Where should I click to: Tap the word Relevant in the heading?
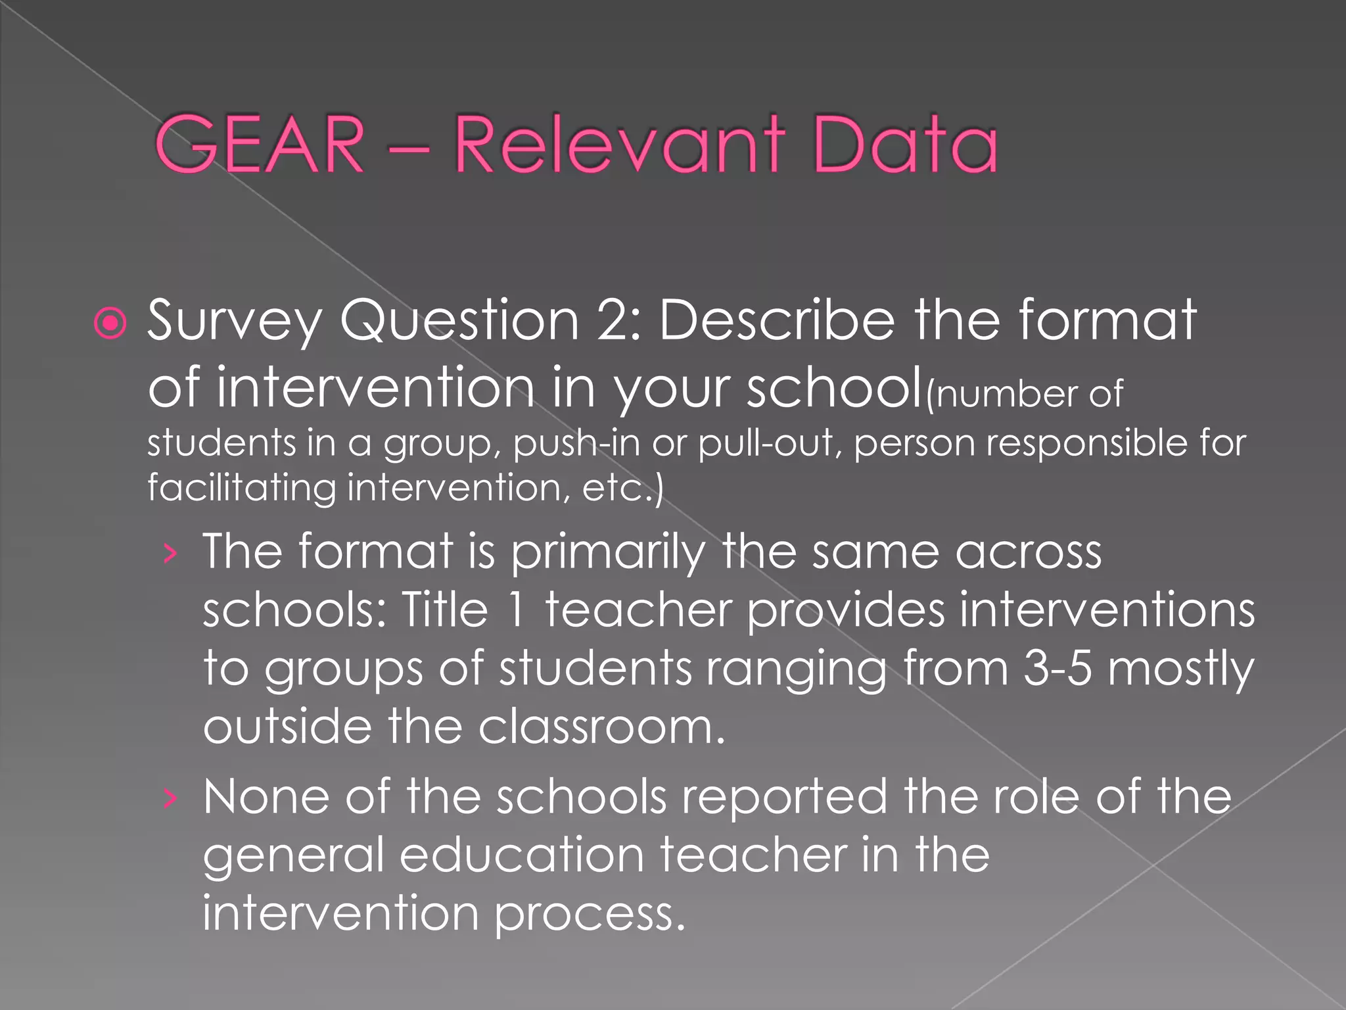pyautogui.click(x=620, y=144)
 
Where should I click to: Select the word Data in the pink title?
pyautogui.click(x=905, y=144)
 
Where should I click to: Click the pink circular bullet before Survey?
pyautogui.click(x=110, y=323)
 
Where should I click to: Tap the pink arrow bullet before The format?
pyautogui.click(x=170, y=554)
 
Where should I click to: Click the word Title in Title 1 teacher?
pyautogui.click(x=445, y=610)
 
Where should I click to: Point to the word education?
pyautogui.click(x=522, y=855)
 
